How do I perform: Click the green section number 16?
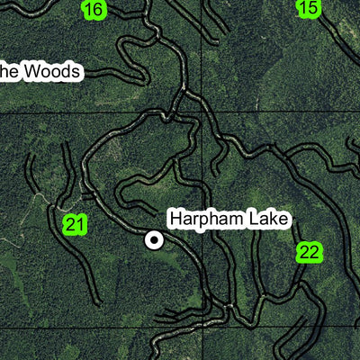pyautogui.click(x=93, y=10)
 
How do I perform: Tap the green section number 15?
pyautogui.click(x=308, y=8)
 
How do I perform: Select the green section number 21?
pyautogui.click(x=75, y=225)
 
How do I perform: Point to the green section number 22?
pyautogui.click(x=309, y=253)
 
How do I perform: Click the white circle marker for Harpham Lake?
pyautogui.click(x=155, y=239)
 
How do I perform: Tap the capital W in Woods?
pyautogui.click(x=31, y=72)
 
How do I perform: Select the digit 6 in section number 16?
pyautogui.click(x=98, y=10)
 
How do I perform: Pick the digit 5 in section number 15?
pyautogui.click(x=313, y=8)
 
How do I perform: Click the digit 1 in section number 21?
pyautogui.click(x=81, y=225)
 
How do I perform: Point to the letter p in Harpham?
pyautogui.click(x=203, y=220)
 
